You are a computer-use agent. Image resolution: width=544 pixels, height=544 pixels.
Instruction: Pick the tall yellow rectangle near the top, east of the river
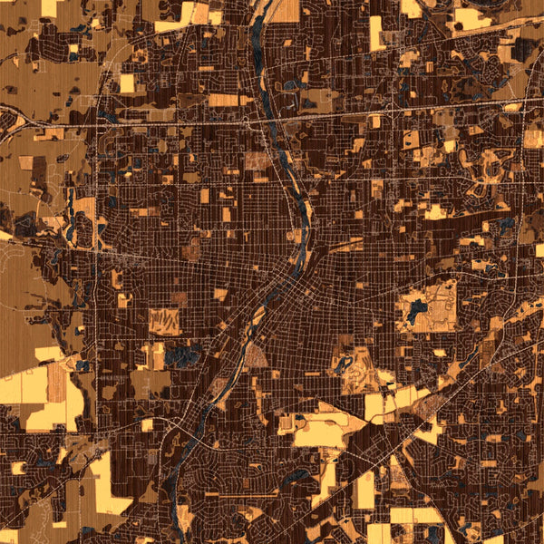click(376, 33)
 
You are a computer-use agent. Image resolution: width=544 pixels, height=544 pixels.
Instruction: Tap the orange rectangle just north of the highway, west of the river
click(223, 100)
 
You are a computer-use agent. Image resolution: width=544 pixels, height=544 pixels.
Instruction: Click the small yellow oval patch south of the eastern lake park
click(434, 351)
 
